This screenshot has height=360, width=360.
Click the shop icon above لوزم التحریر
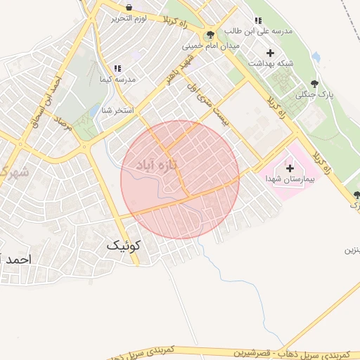[129, 7]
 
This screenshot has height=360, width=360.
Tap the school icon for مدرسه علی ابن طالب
[259, 20]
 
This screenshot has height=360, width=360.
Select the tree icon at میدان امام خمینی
[210, 34]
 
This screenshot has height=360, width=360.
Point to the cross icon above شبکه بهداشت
[270, 53]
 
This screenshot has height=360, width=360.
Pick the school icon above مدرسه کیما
[117, 69]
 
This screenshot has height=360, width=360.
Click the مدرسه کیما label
[119, 79]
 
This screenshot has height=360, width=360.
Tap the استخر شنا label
[117, 110]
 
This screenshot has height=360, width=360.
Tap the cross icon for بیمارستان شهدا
[290, 169]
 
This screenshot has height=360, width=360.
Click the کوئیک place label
[124, 245]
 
